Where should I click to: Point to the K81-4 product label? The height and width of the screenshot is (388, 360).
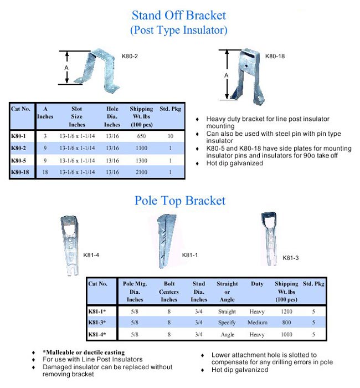tap(91, 255)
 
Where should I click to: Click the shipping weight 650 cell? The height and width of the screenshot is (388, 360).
tap(141, 136)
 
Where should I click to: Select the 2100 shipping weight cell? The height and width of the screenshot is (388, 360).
tap(141, 172)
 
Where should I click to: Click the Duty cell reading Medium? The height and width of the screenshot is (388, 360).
tap(258, 323)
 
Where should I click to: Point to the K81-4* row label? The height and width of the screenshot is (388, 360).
tap(97, 335)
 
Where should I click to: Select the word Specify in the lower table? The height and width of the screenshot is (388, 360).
tap(227, 323)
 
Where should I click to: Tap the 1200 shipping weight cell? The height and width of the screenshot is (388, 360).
tap(286, 311)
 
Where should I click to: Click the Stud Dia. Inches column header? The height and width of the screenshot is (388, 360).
tap(199, 292)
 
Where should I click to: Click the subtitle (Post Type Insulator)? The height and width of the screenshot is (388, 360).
tap(179, 30)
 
